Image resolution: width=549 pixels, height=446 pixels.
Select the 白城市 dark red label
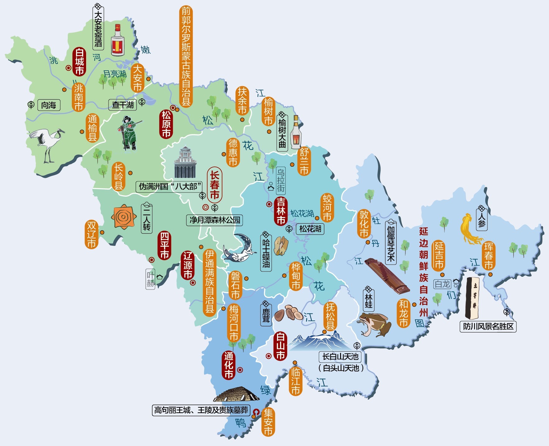coord(79,62)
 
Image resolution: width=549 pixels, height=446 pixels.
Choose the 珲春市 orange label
coord(488,256)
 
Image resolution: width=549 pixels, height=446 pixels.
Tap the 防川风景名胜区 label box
coord(488,327)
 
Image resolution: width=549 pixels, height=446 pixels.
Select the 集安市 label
coord(268,422)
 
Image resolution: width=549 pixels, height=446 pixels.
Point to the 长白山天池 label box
coord(340,356)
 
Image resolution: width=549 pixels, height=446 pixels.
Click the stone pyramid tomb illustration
coord(236,395)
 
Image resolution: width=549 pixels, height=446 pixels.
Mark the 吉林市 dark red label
coord(281,211)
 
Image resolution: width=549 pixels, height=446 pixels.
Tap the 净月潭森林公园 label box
coord(215,220)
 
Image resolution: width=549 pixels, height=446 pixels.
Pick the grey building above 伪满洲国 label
coord(185,163)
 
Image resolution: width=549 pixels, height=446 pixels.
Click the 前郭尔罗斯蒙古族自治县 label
coord(186,56)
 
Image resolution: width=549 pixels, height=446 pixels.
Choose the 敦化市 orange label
coord(364,224)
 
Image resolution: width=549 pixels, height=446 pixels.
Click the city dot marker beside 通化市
coord(240,370)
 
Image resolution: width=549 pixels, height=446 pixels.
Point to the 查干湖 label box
coord(123,105)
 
